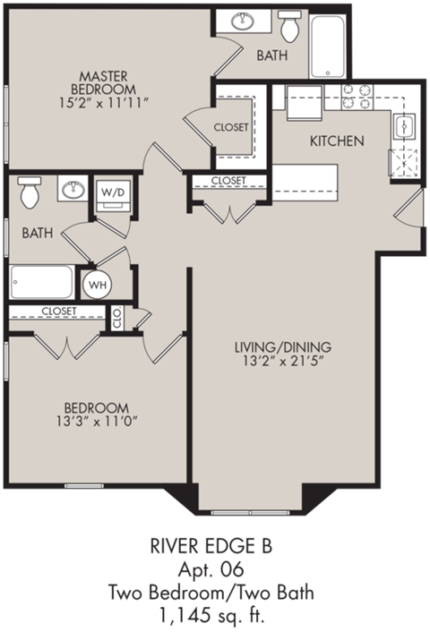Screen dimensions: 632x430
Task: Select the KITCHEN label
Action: point(336,141)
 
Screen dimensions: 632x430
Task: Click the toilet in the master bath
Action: point(289,27)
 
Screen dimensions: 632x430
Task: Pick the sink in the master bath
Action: point(242,22)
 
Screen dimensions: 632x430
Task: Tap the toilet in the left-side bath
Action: point(30,191)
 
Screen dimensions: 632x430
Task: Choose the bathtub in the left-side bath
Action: point(42,282)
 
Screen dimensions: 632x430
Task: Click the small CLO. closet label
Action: point(117,317)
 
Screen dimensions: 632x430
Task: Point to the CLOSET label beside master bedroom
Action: point(231,127)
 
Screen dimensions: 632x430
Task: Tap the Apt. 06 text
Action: point(214,570)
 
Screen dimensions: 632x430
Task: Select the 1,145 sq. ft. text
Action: point(214,616)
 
